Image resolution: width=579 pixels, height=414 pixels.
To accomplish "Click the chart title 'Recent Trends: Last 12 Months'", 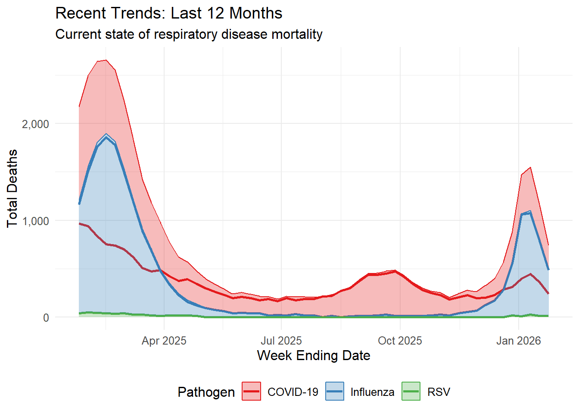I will (169, 13).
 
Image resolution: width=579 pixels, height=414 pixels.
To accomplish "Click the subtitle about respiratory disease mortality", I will (189, 34).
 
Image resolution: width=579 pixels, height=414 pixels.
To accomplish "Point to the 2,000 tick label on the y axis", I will (35, 124).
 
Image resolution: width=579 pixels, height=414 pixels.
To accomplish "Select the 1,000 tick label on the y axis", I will (35, 221).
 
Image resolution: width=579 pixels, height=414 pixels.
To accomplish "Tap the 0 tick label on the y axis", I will (46, 318).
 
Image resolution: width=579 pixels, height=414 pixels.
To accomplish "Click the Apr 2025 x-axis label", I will (164, 341).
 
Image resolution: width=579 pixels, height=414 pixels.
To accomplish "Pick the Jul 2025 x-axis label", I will (281, 341).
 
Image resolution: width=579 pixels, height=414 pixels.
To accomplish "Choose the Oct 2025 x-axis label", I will (400, 341).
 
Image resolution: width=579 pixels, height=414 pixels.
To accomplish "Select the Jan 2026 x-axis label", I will (518, 341).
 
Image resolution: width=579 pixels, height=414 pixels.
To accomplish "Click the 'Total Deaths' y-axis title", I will (12, 188).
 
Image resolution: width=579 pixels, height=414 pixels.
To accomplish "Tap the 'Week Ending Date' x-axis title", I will (314, 355).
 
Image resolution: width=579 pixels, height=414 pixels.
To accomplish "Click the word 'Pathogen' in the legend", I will (206, 392).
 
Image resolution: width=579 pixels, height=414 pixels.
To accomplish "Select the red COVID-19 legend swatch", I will (251, 392).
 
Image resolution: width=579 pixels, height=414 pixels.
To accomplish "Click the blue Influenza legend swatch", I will (334, 392).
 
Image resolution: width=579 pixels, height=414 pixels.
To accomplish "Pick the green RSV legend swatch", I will (411, 392).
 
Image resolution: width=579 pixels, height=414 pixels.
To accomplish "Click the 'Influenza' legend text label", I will (372, 392).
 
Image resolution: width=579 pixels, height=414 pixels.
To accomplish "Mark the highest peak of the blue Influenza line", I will (106, 137).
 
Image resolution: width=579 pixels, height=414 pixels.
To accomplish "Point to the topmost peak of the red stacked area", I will (106, 60).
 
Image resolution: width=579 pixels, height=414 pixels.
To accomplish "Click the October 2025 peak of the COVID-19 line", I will (395, 271).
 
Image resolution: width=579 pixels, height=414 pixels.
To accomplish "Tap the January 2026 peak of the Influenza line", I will (530, 213).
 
